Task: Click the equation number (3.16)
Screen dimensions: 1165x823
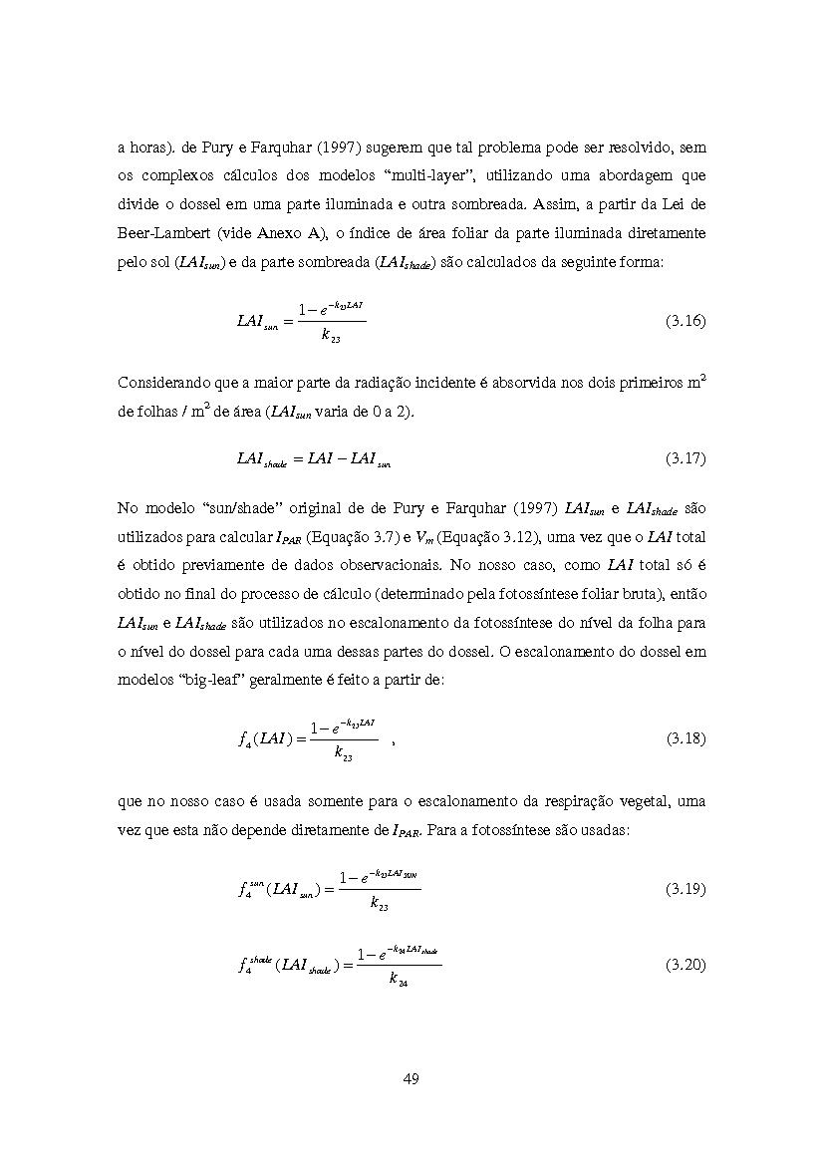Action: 686,321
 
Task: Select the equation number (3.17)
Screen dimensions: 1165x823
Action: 686,458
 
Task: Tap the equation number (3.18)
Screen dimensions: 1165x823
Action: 686,738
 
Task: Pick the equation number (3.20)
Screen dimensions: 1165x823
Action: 686,965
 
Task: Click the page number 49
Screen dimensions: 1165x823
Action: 411,1078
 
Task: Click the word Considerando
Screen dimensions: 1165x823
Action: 165,383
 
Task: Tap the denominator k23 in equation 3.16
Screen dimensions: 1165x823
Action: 331,337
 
